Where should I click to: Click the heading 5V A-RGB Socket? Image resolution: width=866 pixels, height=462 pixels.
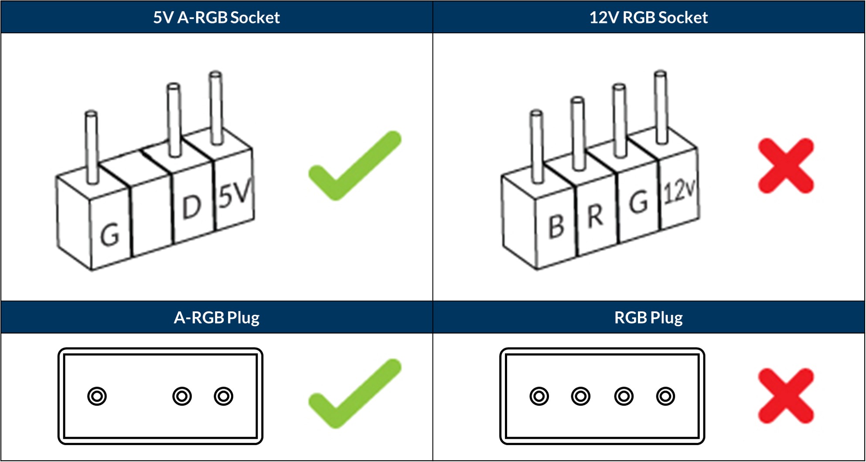(216, 17)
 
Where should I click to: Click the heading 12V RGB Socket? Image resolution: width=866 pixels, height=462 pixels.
(648, 17)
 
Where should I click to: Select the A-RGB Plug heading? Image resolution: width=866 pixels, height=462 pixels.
(216, 317)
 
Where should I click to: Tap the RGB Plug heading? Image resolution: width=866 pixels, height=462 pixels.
(648, 317)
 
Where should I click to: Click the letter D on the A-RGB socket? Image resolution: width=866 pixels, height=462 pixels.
(191, 207)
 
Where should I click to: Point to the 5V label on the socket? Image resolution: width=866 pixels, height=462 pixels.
(235, 194)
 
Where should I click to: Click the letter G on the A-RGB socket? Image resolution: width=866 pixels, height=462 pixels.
(109, 235)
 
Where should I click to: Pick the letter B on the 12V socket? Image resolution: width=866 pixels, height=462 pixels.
(556, 227)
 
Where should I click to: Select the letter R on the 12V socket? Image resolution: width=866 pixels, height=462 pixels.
(595, 216)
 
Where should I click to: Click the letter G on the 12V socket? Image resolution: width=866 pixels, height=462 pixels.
(638, 203)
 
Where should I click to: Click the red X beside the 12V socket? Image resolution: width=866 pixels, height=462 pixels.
(786, 166)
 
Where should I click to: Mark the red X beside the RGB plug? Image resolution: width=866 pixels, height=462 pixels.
(786, 396)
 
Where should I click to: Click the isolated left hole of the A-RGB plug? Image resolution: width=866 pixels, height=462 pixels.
(97, 396)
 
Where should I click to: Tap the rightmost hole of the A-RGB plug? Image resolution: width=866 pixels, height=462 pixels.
(223, 396)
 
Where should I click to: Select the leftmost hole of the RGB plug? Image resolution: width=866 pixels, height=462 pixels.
(539, 396)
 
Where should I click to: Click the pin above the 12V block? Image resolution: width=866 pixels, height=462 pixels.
(661, 107)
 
